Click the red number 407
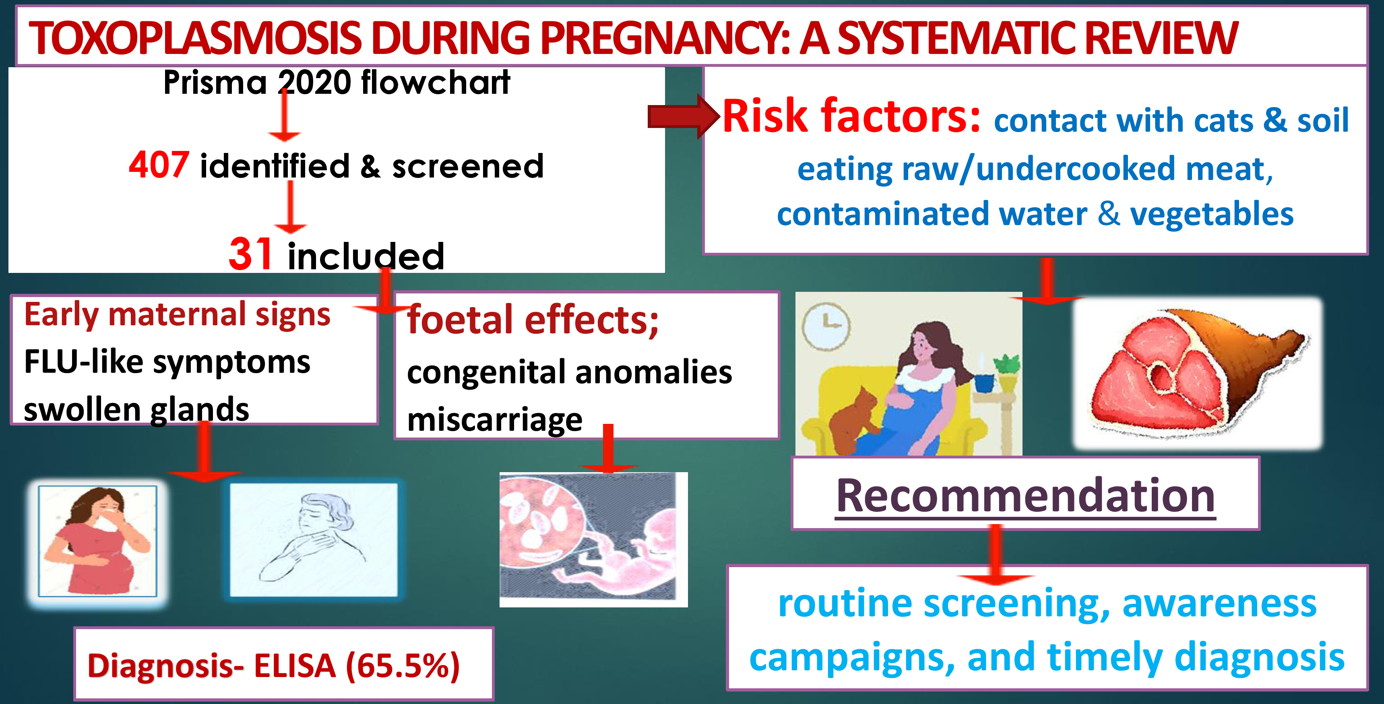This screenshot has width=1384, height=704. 159,165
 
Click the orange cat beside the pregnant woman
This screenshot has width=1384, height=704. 854,419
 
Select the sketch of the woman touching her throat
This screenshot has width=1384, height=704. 313,539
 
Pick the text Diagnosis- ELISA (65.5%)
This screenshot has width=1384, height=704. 273,666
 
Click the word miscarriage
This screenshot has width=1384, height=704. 495,419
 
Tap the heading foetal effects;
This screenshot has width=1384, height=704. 533,320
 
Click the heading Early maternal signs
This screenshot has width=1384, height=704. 177,314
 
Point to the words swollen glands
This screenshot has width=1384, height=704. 136,409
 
